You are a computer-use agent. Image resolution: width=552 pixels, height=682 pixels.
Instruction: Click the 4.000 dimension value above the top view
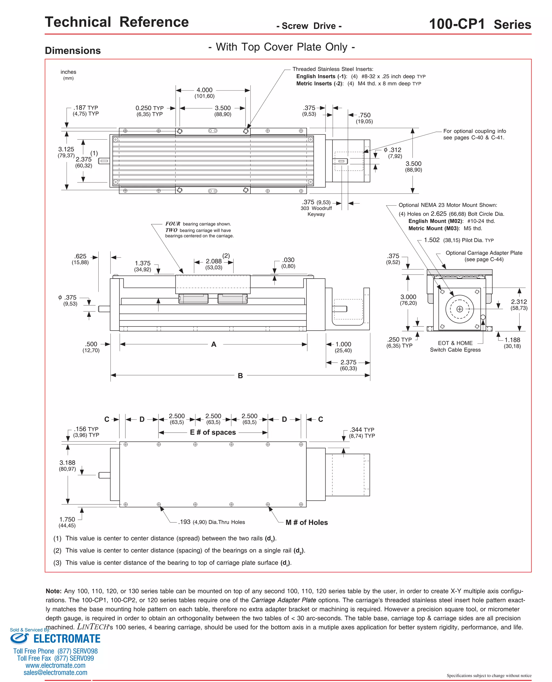tap(205, 90)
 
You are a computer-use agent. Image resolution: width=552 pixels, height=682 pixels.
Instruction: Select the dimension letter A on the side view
tap(214, 344)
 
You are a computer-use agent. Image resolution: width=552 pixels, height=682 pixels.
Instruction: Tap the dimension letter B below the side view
tap(240, 376)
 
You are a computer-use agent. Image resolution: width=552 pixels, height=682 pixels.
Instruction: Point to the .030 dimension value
tap(288, 260)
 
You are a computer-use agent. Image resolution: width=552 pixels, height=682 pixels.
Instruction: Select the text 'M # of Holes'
tap(306, 522)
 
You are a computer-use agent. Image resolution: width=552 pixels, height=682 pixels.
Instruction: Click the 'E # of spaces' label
tap(213, 432)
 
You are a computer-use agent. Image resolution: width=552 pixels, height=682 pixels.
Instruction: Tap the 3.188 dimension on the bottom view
tap(67, 463)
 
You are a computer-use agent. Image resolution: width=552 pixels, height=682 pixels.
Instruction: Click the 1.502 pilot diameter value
tap(432, 240)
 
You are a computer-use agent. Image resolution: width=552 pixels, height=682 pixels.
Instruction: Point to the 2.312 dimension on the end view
tap(519, 302)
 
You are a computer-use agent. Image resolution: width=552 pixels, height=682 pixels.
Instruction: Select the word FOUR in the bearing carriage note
tap(173, 224)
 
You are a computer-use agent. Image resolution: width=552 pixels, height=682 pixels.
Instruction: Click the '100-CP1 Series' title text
tap(480, 24)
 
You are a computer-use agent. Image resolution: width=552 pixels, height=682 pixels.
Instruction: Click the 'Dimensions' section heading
tap(73, 51)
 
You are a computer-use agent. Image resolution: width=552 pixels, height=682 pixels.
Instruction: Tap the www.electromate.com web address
tap(55, 666)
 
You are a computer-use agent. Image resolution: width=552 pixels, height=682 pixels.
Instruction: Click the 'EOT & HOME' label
tap(455, 343)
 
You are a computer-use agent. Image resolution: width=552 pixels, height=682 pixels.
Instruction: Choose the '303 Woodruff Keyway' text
tap(316, 211)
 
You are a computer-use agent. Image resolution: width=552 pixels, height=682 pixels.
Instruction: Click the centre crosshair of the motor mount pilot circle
tap(460, 309)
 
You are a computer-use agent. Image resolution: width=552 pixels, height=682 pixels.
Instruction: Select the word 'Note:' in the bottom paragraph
tap(53, 591)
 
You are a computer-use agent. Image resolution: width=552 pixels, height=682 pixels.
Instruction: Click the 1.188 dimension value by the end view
tap(512, 340)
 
